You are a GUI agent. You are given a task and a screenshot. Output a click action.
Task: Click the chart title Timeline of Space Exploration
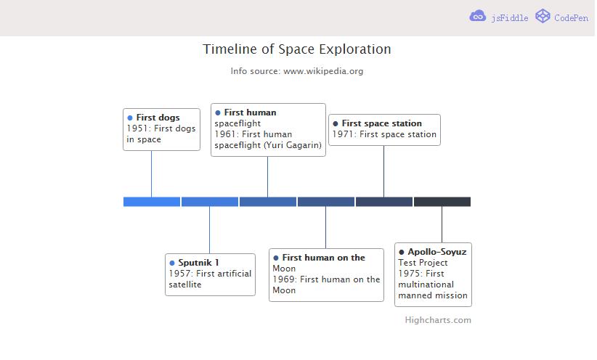296,49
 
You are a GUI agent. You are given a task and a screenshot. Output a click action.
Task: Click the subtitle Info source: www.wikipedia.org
296,71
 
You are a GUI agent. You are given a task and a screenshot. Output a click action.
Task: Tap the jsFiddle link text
509,18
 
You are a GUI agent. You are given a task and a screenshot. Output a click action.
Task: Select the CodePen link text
571,18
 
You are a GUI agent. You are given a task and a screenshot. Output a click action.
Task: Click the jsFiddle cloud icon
477,16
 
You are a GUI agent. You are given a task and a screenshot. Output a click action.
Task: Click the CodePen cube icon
543,16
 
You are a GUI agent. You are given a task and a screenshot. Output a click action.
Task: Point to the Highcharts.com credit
438,320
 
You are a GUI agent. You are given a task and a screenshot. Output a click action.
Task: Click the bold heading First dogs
158,118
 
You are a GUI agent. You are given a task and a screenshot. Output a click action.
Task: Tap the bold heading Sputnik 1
198,263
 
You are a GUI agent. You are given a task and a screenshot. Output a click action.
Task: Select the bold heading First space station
382,123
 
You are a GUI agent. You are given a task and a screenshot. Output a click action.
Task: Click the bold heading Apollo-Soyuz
437,252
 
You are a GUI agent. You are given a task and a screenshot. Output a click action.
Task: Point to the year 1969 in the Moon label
283,279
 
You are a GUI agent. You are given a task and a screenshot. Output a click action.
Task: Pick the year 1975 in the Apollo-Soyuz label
409,274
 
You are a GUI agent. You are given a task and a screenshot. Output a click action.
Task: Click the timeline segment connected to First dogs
152,202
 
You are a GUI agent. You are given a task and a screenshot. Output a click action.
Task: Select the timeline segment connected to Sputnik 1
210,202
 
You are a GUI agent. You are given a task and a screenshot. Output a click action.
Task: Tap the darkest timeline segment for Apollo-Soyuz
442,202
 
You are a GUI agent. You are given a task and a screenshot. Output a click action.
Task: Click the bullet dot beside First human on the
276,258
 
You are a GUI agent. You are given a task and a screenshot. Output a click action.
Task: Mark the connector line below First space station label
383,171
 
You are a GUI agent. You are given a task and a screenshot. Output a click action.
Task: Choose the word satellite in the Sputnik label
185,285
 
